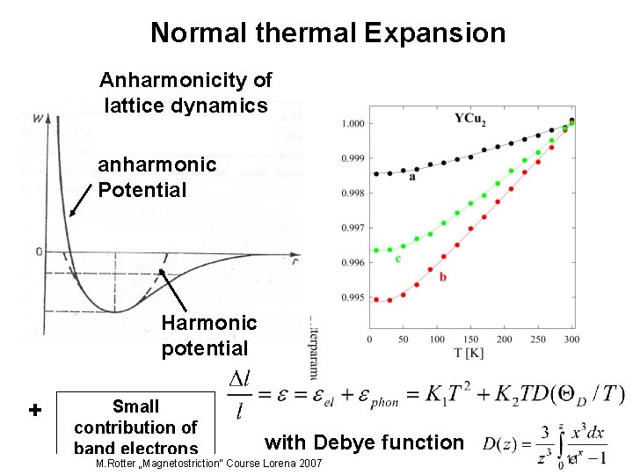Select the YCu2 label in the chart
point(470,118)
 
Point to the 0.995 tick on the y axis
point(353,297)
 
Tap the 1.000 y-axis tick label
point(353,123)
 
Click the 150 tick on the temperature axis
point(470,340)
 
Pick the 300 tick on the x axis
point(571,340)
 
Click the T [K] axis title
point(471,354)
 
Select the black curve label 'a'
point(411,177)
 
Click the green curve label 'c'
point(398,259)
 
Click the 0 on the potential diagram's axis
point(39,252)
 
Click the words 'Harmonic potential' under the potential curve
point(208,336)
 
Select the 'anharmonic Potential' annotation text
point(156,177)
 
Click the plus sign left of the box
point(35,411)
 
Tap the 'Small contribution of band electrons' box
point(135,426)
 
